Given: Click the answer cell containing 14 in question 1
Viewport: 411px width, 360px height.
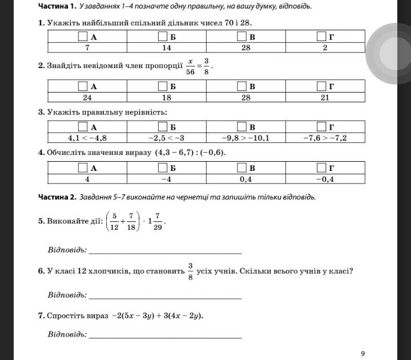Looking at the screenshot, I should [x=167, y=47].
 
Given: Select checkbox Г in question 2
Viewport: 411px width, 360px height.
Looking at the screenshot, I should [x=321, y=86].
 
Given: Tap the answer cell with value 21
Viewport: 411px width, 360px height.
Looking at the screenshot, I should [x=325, y=97].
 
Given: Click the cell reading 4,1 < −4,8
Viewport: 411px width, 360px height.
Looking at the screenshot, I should [x=87, y=137].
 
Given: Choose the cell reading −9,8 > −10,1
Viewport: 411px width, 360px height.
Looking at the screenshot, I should [x=245, y=137].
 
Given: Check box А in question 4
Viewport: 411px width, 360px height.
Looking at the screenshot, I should [x=83, y=167].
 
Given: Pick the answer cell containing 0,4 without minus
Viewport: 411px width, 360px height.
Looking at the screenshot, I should [x=245, y=178].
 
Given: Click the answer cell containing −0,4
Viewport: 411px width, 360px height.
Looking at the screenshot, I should [x=325, y=178].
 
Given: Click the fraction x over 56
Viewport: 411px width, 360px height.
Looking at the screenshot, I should [x=191, y=66].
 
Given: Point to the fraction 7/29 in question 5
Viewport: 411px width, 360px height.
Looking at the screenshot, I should [x=157, y=222].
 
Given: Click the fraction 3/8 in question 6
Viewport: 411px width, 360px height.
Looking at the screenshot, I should [x=190, y=271].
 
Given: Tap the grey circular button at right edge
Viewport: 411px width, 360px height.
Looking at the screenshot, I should [x=389, y=53].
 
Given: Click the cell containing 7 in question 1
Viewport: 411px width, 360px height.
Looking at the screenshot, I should [x=87, y=47].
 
